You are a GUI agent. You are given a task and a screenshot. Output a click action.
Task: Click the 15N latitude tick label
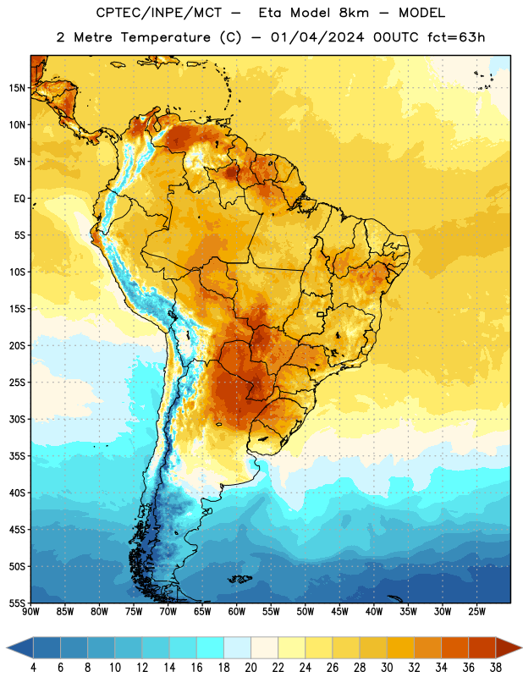(17, 88)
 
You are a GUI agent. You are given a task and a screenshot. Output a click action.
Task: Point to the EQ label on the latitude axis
(19, 199)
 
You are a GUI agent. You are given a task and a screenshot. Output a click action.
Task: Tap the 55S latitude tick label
(17, 603)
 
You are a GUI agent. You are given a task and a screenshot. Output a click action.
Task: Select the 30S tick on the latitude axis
(17, 419)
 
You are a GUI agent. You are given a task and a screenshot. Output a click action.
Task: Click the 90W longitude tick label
(30, 611)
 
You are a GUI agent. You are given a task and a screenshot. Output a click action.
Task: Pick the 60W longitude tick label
(237, 611)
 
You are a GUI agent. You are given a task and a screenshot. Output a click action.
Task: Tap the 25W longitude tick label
(476, 611)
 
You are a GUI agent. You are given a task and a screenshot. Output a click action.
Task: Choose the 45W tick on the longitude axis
(339, 611)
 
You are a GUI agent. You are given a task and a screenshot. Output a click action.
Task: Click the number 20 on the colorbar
(250, 668)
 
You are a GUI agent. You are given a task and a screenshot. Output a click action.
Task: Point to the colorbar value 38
(496, 668)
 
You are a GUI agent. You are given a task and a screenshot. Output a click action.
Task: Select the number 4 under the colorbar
(34, 668)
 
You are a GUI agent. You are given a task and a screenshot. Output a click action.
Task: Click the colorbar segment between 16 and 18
(210, 647)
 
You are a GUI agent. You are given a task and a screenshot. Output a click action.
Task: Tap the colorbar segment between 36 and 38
(482, 647)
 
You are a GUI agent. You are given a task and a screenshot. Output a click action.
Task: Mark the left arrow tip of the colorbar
(7, 647)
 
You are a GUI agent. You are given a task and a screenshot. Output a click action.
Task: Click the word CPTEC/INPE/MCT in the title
(159, 14)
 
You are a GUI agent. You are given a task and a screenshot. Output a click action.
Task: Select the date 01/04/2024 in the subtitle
(317, 37)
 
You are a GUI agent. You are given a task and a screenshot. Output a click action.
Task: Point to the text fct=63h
(456, 37)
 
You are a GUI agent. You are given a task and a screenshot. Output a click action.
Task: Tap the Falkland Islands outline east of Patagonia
(240, 579)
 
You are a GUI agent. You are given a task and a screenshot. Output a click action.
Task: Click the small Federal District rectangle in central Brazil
(321, 314)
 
